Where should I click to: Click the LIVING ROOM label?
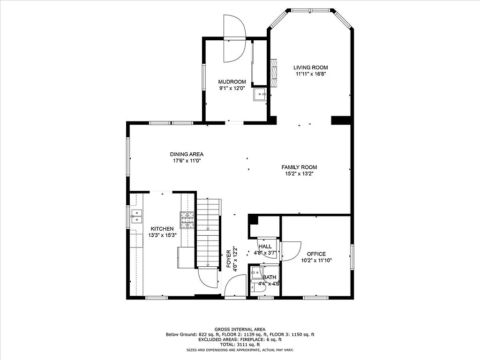coord(310,67)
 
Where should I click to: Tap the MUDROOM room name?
coord(232,82)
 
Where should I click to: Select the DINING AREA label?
coord(187,154)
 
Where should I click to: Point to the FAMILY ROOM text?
coord(299,167)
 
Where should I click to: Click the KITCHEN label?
coord(162,229)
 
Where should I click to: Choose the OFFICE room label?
coord(316,254)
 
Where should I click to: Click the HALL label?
coord(265,247)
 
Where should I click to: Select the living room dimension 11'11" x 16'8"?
coord(310,74)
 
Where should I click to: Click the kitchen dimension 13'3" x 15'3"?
coord(162,235)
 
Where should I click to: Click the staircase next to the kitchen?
coord(208,232)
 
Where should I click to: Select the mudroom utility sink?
coord(259,95)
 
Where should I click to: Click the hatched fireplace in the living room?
coord(274,73)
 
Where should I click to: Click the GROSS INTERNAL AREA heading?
coord(240,330)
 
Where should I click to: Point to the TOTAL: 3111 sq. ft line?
coord(240,345)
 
